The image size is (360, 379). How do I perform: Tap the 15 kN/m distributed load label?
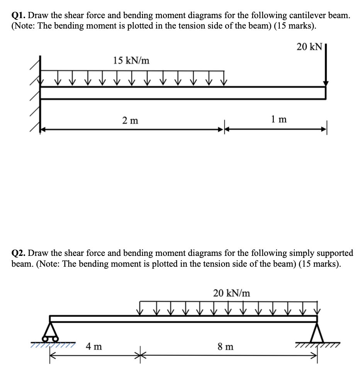pyautogui.click(x=131, y=60)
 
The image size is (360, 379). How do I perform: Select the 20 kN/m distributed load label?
pyautogui.click(x=231, y=293)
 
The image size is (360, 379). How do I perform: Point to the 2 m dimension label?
pyautogui.click(x=130, y=120)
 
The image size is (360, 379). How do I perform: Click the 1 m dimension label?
pyautogui.click(x=279, y=119)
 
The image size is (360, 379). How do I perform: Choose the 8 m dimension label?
pyautogui.click(x=226, y=347)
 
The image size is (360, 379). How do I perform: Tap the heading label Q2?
pyautogui.click(x=19, y=253)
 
